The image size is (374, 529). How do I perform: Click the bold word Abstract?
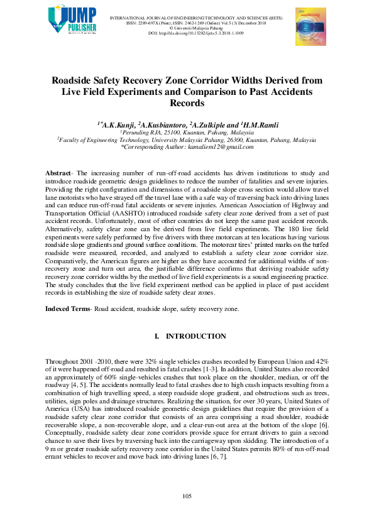tap(57, 173)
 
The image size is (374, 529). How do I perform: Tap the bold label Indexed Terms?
tap(67, 308)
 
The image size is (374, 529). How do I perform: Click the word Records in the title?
tap(187, 103)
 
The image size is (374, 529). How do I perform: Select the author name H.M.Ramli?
tap(261, 126)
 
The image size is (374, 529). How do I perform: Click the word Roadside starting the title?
tap(75, 80)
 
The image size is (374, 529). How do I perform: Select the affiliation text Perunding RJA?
tap(143, 133)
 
